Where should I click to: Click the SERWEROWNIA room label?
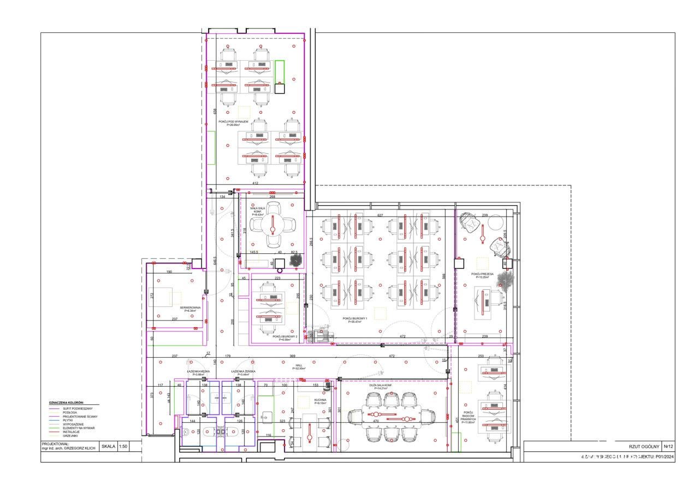(x=191, y=308)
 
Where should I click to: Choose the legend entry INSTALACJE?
(x=72, y=432)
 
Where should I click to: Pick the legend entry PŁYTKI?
(x=68, y=420)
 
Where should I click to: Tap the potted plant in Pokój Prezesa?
(x=505, y=281)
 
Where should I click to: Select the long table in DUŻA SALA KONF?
(x=392, y=416)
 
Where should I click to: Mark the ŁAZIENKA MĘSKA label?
(x=197, y=371)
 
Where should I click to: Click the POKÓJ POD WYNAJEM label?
(x=233, y=122)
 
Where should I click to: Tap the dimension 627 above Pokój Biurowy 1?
(x=380, y=215)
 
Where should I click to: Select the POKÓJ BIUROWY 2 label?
(x=285, y=337)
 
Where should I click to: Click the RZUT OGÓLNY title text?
(x=645, y=446)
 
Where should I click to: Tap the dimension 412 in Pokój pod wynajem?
(x=254, y=183)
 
